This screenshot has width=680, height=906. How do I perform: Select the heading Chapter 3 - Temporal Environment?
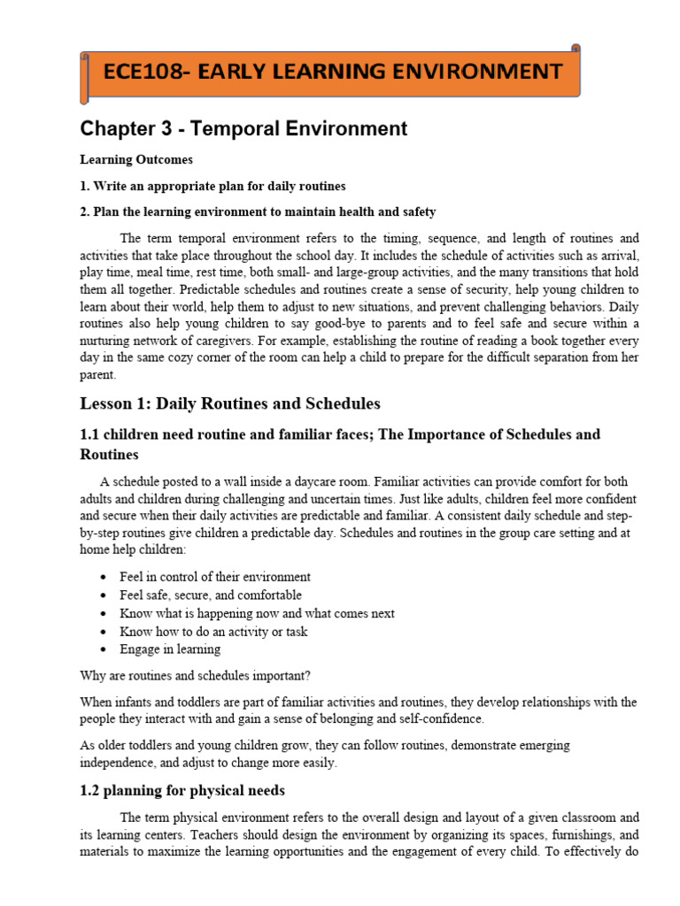tap(243, 129)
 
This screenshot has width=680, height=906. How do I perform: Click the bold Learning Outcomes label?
tap(135, 160)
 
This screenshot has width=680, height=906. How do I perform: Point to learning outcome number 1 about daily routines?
tap(212, 186)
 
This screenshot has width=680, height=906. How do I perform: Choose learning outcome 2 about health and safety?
tap(258, 211)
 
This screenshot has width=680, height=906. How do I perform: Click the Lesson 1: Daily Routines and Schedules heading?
tap(230, 403)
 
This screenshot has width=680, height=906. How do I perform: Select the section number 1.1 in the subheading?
tap(90, 434)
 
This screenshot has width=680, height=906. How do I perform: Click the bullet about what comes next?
tap(257, 613)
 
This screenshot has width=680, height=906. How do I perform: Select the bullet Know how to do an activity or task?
tap(213, 632)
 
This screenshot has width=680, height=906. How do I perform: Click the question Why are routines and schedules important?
tap(195, 676)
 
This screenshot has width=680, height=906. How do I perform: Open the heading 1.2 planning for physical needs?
tap(182, 790)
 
